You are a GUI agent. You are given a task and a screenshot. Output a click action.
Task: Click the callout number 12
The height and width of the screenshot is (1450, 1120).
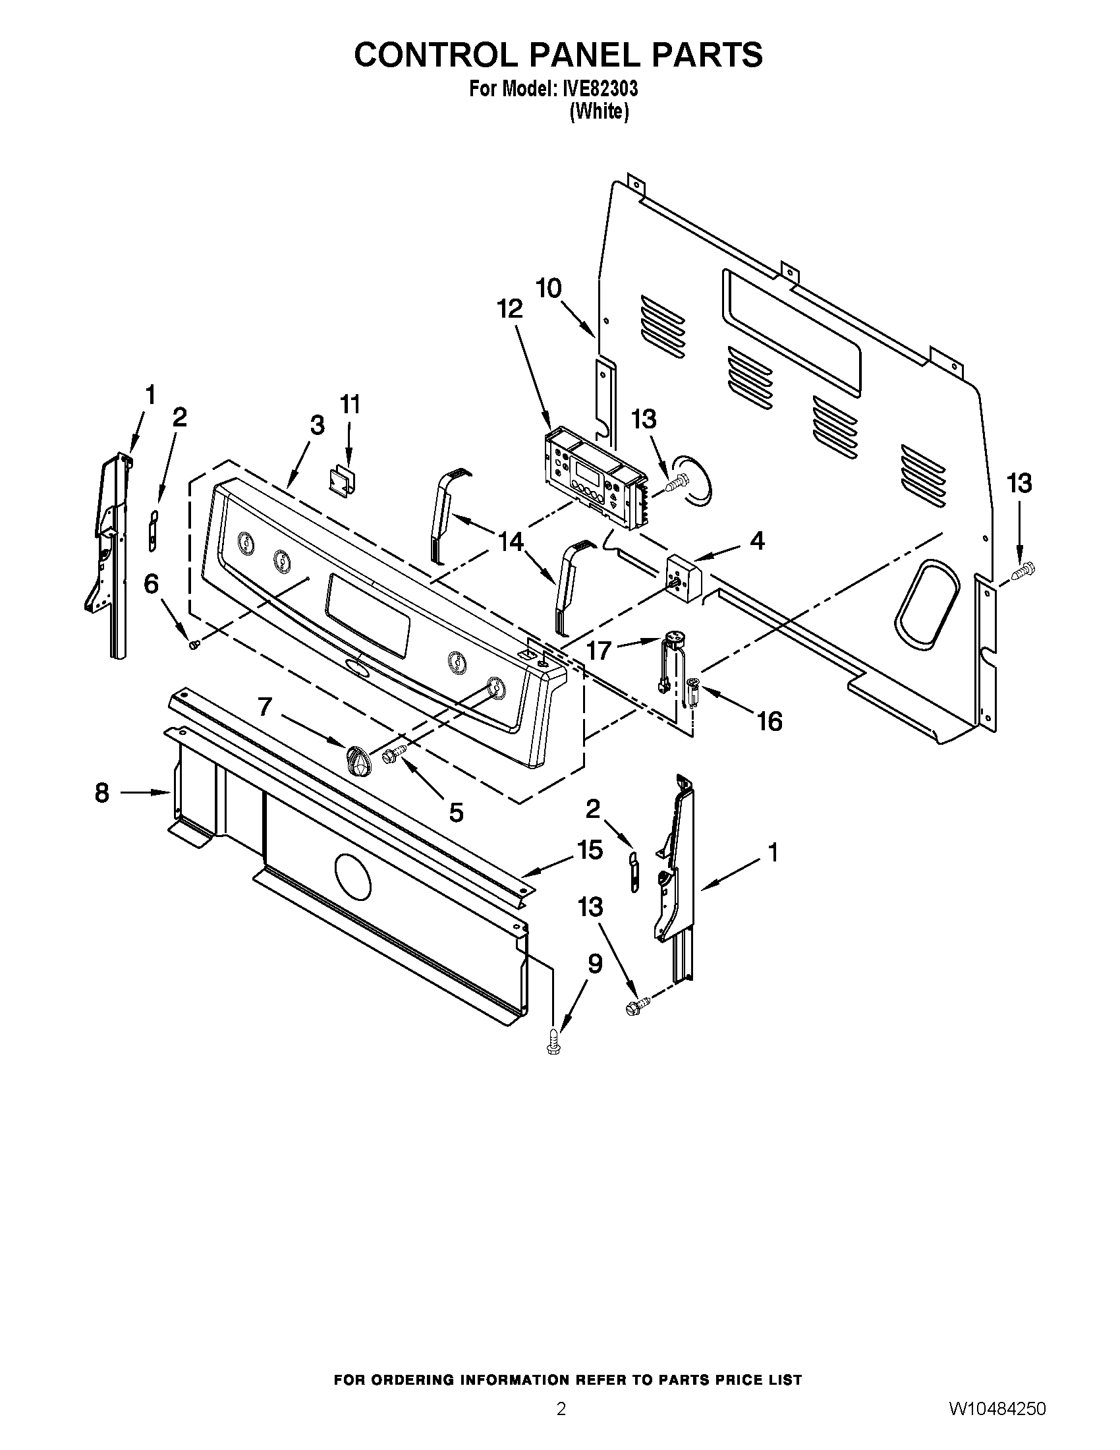(x=510, y=309)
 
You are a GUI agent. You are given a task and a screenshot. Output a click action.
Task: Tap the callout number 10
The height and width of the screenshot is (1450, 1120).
(x=549, y=288)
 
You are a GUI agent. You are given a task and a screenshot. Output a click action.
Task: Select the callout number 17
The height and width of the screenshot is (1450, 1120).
(x=598, y=651)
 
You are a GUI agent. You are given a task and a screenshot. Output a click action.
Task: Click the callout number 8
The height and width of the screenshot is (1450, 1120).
(x=101, y=792)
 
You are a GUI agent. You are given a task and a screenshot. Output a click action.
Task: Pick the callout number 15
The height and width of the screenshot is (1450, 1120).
(x=590, y=850)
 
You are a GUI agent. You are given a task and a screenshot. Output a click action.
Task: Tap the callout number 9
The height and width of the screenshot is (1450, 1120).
(x=594, y=964)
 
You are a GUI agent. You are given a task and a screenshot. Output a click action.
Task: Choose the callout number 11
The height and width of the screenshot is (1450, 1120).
(x=350, y=403)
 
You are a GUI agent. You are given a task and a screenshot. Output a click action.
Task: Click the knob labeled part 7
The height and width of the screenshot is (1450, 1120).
(x=356, y=758)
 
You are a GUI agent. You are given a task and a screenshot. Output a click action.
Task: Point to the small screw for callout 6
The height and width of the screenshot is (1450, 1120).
(x=194, y=644)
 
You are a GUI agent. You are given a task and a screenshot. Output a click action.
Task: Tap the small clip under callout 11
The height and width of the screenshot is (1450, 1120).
(x=344, y=479)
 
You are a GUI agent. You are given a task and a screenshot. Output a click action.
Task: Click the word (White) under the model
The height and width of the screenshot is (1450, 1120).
(x=598, y=112)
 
